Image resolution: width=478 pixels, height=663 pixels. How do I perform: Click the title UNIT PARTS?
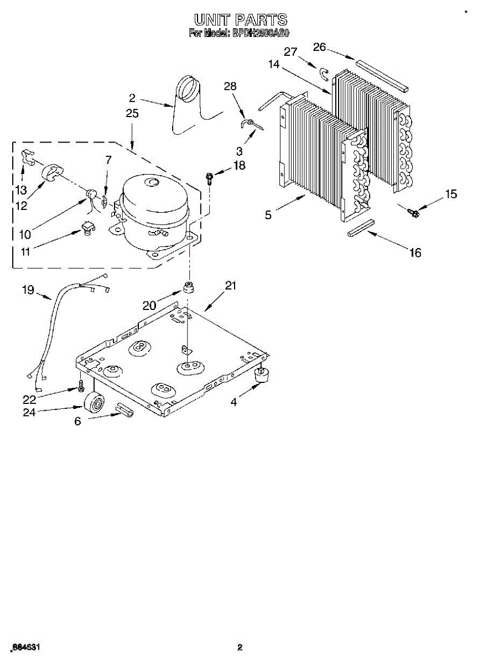240,20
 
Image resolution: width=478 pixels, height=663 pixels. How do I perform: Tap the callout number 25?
132,114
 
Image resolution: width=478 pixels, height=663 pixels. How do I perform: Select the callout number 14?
273,65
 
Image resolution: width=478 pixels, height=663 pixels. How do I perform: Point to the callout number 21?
231,286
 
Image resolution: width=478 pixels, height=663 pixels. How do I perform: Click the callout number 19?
28,289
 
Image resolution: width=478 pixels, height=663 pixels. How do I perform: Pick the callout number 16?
414,253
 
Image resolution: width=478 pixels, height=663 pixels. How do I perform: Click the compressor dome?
152,196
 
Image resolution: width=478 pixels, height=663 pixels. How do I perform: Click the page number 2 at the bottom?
240,648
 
